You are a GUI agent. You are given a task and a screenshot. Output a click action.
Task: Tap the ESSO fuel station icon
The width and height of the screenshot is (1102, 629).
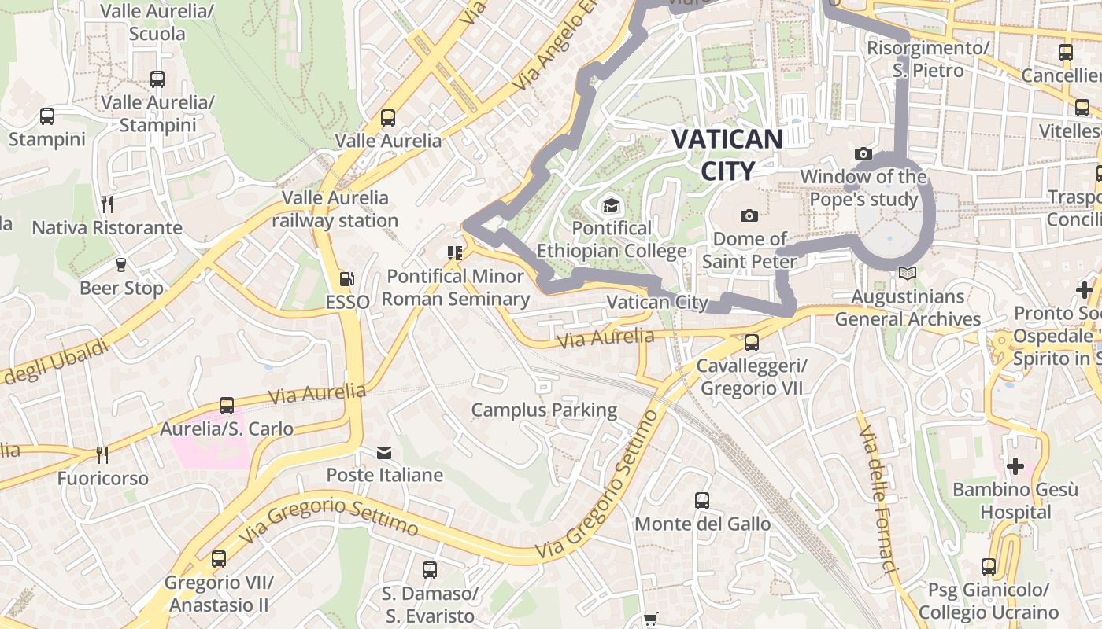coord(346,279)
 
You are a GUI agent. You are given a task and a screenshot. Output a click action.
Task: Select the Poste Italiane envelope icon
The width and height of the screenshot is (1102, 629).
coord(384,453)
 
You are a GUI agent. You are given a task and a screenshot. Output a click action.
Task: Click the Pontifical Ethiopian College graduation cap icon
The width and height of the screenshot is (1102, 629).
coord(611,206)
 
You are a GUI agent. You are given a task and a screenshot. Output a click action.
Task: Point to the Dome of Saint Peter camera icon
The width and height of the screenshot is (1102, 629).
coord(749,215)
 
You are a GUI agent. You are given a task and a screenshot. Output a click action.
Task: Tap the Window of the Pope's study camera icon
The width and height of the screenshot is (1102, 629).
coord(863,154)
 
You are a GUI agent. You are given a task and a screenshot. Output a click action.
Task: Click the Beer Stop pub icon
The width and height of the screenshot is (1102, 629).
coord(121,265)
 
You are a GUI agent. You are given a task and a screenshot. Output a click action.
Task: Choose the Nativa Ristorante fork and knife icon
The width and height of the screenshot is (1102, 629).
coord(107,204)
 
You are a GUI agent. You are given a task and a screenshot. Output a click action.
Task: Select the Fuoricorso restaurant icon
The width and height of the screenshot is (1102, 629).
coord(102,454)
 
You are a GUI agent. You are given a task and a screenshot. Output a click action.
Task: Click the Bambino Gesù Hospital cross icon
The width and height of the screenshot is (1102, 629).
coord(1015,466)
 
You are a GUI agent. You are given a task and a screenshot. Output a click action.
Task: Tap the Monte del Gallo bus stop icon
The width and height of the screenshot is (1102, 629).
coord(701,500)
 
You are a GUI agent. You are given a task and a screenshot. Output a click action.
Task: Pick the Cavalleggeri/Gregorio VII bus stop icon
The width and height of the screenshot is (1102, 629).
coord(751,343)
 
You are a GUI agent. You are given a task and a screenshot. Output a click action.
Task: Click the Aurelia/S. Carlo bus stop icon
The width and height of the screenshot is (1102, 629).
coord(227,406)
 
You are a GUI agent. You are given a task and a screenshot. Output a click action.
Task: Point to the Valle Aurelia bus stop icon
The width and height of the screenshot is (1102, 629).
coord(388,118)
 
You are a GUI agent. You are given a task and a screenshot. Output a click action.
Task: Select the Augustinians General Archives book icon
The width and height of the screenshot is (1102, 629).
coord(907,274)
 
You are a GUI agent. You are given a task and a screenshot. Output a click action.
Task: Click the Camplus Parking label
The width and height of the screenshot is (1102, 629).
coord(544,410)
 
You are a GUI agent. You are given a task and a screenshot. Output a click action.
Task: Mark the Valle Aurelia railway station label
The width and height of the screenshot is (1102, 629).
coord(335,209)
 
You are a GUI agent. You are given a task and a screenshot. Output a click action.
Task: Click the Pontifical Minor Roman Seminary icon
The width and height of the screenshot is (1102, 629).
coord(454,253)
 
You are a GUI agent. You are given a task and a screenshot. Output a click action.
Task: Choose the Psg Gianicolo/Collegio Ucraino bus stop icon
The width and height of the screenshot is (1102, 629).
coord(988,566)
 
